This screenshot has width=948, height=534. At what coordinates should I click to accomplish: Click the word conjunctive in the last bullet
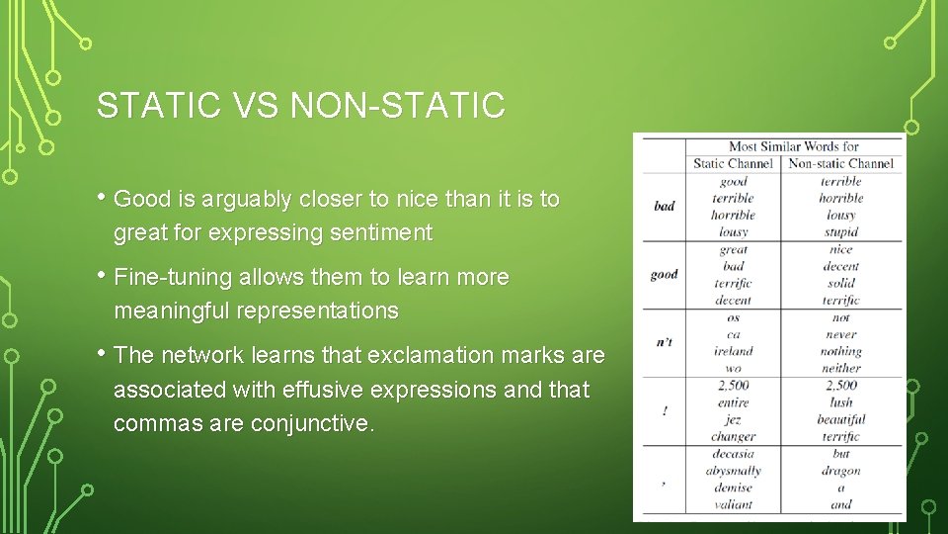311,423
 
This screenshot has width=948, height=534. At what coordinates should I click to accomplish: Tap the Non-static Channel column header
840,164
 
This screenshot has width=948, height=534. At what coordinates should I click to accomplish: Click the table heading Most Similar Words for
793,146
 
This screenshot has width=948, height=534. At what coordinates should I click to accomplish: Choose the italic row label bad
664,206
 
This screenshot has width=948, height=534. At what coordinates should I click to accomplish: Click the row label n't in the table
664,342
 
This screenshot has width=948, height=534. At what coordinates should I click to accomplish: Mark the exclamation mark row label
664,410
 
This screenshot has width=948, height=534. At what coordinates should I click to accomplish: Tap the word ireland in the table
733,351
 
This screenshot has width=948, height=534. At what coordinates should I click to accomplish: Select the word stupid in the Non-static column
840,232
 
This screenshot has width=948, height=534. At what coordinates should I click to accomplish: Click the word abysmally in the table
733,471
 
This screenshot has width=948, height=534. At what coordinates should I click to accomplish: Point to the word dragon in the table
840,471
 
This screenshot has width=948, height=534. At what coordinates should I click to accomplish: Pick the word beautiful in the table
840,419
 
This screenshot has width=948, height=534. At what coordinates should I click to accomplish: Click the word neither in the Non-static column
840,368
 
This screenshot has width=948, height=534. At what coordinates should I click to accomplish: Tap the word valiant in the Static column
733,504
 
